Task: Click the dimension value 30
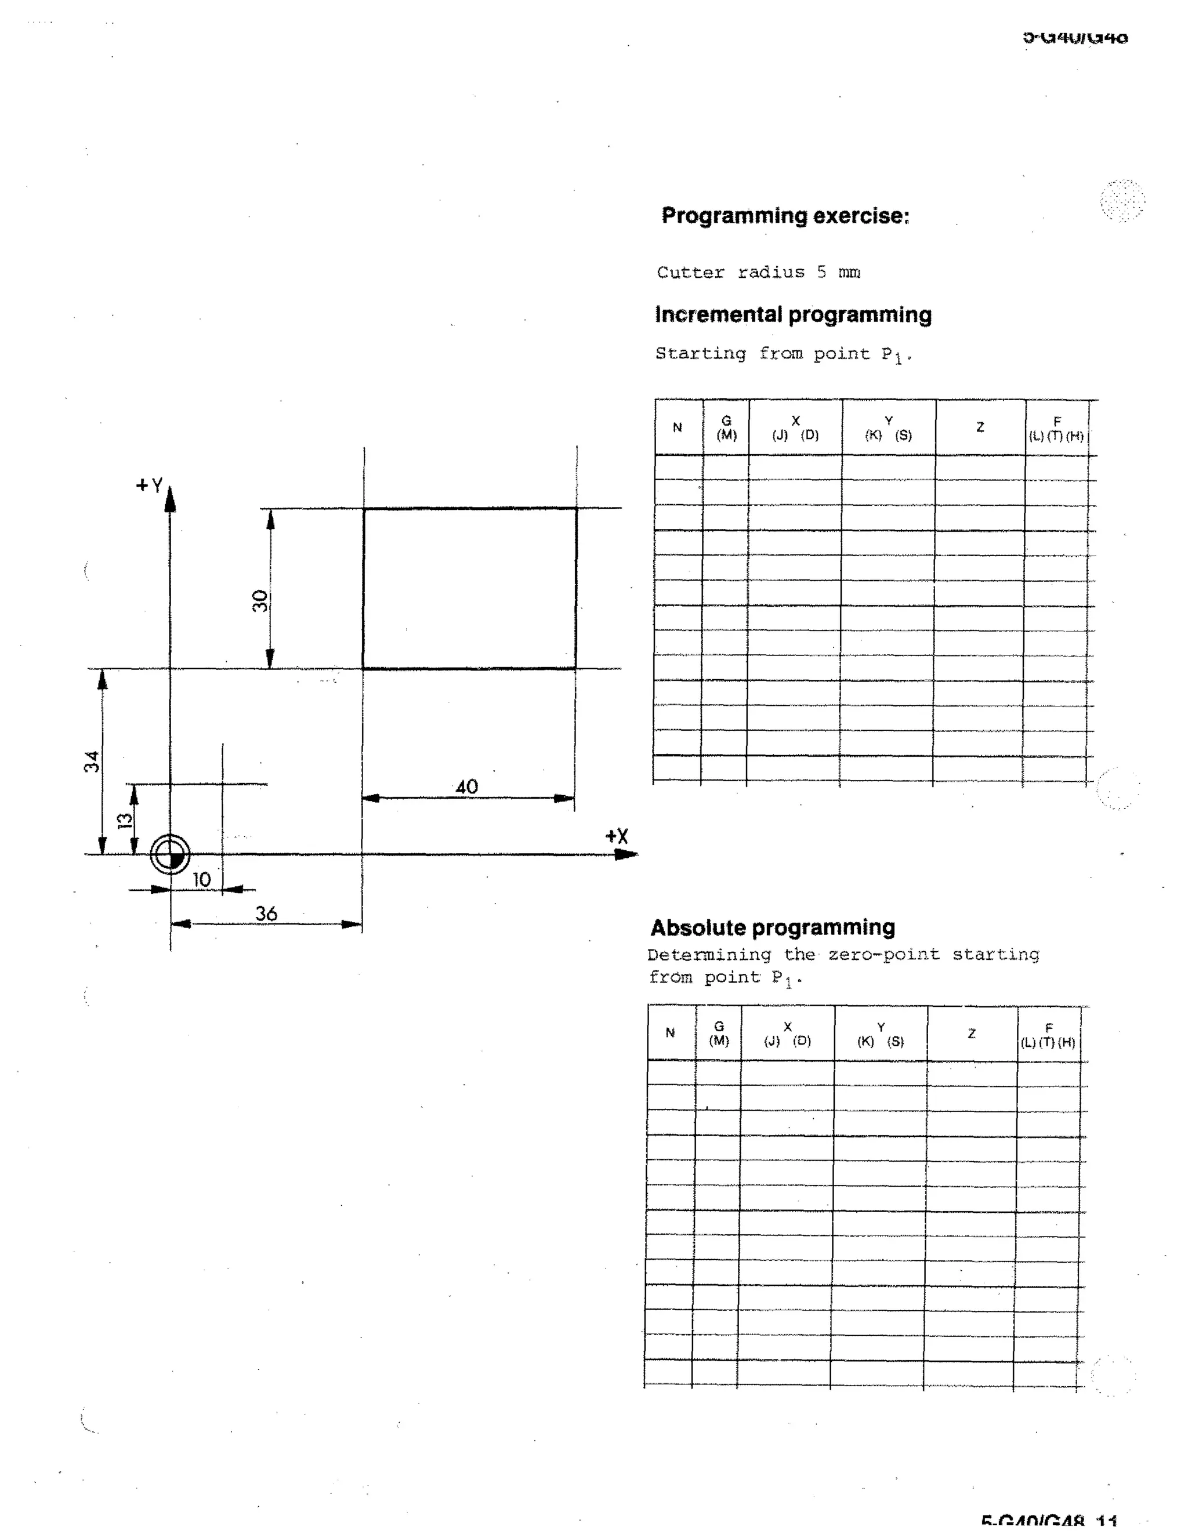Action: coord(260,600)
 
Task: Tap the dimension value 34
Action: coord(92,762)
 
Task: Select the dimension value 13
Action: coord(125,821)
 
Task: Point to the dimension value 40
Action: coord(466,787)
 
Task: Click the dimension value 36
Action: coord(266,913)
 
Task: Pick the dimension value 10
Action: coord(201,880)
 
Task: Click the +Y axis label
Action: coord(149,485)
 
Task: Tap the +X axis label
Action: coord(617,836)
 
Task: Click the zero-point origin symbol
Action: coord(171,855)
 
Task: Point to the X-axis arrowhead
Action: coord(626,854)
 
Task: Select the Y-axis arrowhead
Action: coord(169,498)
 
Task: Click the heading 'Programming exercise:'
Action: coord(785,215)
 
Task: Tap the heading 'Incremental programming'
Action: coord(793,314)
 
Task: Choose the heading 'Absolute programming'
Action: coord(773,927)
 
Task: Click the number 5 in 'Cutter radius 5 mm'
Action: coord(822,273)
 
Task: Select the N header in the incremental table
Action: coord(678,427)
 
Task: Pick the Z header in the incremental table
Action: coord(980,427)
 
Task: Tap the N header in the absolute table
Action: coord(670,1033)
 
